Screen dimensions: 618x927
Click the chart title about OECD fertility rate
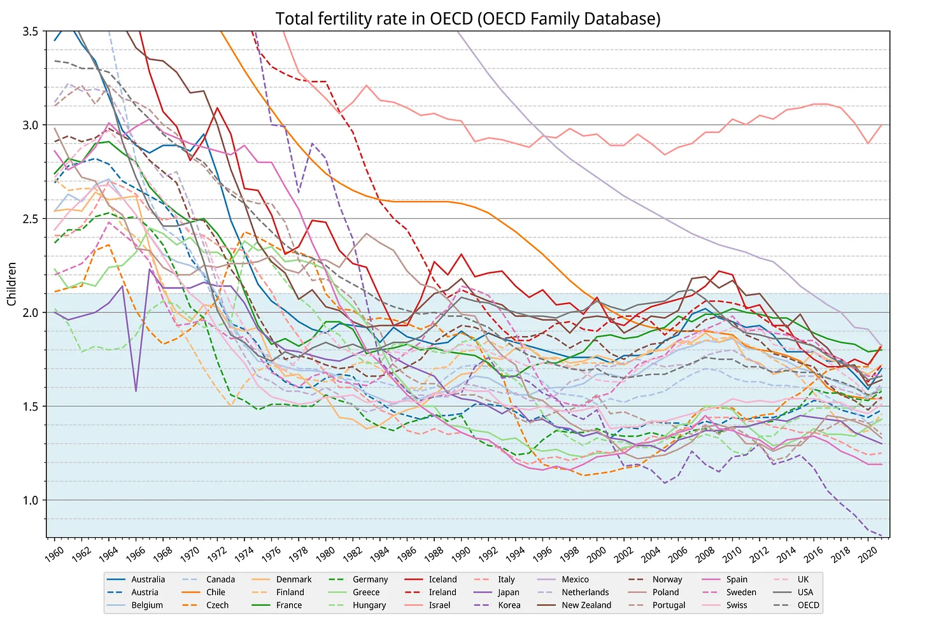click(x=468, y=18)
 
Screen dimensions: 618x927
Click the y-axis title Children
click(x=11, y=283)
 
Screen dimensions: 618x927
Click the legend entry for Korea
click(x=509, y=605)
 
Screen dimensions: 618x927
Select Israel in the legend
click(x=439, y=605)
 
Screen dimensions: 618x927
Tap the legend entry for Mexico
click(x=575, y=579)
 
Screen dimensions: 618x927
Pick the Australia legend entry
click(x=148, y=579)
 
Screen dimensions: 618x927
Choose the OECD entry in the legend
click(x=808, y=605)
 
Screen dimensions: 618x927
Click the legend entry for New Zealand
click(x=586, y=605)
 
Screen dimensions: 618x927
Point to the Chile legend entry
click(x=216, y=593)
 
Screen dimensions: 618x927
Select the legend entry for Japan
click(x=509, y=593)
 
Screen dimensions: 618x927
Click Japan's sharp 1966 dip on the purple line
click(x=136, y=391)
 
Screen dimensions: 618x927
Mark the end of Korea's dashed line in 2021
click(x=881, y=535)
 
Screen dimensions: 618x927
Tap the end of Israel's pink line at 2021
click(x=881, y=125)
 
